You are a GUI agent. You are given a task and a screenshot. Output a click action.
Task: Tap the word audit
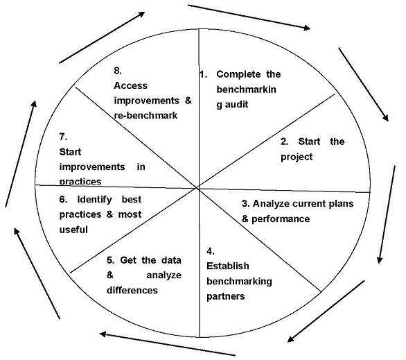pyautogui.click(x=236, y=105)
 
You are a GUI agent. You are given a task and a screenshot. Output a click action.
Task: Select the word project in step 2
pyautogui.click(x=297, y=157)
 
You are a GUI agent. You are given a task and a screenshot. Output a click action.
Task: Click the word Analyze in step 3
pyautogui.click(x=271, y=203)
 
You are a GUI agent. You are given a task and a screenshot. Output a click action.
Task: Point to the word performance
pyautogui.click(x=281, y=219)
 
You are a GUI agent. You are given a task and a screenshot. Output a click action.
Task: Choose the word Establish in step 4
pyautogui.click(x=228, y=266)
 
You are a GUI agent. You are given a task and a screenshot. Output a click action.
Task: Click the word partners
pyautogui.click(x=226, y=296)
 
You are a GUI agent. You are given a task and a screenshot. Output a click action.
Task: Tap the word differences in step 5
pyautogui.click(x=132, y=290)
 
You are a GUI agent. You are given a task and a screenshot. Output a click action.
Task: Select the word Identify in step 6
pyautogui.click(x=95, y=199)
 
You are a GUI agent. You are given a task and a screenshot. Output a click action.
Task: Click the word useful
pyautogui.click(x=73, y=230)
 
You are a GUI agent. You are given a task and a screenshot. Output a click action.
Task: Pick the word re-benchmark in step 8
pyautogui.click(x=145, y=116)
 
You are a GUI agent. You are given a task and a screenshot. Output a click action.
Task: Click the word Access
pyautogui.click(x=130, y=85)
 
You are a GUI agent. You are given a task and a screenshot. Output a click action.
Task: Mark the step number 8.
pyautogui.click(x=118, y=71)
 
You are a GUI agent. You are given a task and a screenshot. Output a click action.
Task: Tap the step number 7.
pyautogui.click(x=63, y=137)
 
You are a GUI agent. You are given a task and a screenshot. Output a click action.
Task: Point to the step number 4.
pyautogui.click(x=211, y=251)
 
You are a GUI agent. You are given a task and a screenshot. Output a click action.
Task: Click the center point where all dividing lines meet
pyautogui.click(x=198, y=188)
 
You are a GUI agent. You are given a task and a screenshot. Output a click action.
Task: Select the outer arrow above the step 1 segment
pyautogui.click(x=249, y=17)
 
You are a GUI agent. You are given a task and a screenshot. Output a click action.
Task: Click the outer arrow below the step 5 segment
pyautogui.click(x=168, y=344)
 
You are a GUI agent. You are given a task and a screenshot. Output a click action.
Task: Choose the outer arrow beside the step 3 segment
pyautogui.click(x=387, y=214)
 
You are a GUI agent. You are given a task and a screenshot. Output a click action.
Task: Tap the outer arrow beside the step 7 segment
pyautogui.click(x=21, y=154)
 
